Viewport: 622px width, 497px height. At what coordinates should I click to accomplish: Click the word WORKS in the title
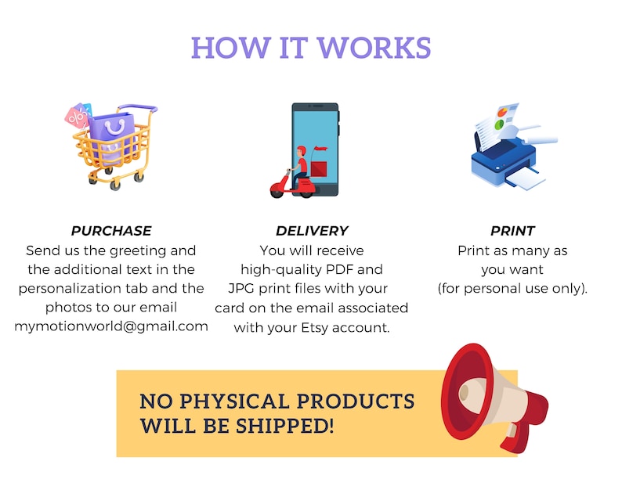pos(374,48)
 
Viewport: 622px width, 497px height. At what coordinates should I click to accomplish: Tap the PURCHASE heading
pos(111,231)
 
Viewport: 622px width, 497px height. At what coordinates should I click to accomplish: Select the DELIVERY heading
pos(312,231)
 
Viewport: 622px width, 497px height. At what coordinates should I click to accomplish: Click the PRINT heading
pos(512,231)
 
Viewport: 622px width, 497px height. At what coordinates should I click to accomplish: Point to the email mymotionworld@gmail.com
pos(111,326)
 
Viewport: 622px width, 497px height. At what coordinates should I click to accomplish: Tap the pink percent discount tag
pos(77,117)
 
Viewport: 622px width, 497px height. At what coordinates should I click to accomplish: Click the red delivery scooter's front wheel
pos(277,192)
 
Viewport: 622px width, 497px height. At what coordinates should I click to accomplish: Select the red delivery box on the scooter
pos(319,169)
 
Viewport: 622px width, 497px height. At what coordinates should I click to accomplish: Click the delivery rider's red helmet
pos(301,150)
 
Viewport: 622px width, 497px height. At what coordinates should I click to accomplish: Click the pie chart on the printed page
pos(502,112)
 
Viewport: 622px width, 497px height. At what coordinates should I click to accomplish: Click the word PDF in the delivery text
pos(339,269)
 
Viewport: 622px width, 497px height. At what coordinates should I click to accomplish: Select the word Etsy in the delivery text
pos(315,328)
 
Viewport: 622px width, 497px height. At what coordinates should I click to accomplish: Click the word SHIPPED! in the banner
pos(285,426)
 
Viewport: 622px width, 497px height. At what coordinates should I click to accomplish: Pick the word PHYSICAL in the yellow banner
pos(234,401)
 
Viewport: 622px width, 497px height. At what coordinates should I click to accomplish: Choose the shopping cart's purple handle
pos(138,108)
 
